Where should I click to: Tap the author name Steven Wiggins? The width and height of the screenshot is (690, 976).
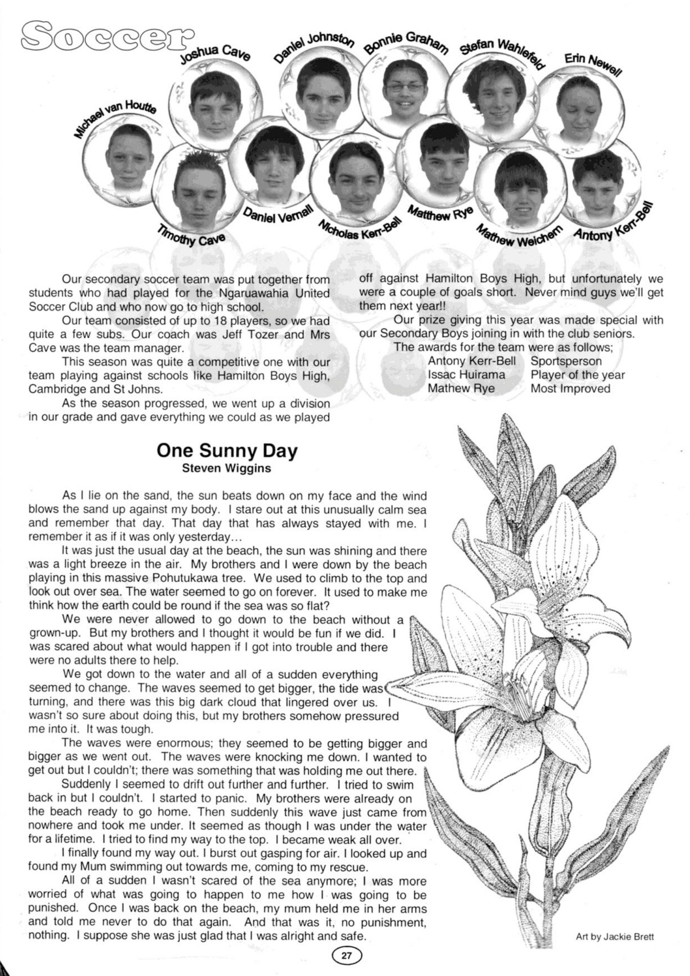tap(226, 468)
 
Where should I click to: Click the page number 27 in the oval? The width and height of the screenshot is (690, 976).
tap(346, 956)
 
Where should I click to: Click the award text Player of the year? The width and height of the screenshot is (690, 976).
tap(577, 375)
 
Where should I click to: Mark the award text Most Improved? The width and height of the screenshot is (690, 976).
tap(570, 388)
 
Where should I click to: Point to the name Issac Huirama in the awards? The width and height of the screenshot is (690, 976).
tap(466, 375)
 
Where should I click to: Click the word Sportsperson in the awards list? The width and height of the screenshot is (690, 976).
tap(566, 361)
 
